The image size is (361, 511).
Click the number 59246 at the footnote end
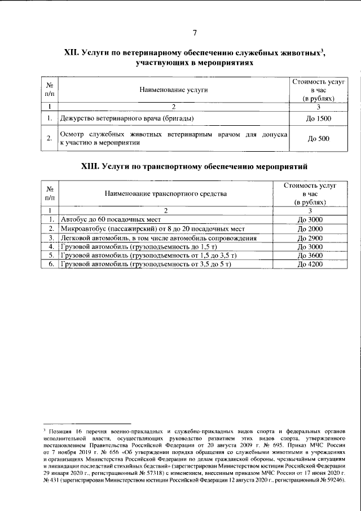[332, 481]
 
